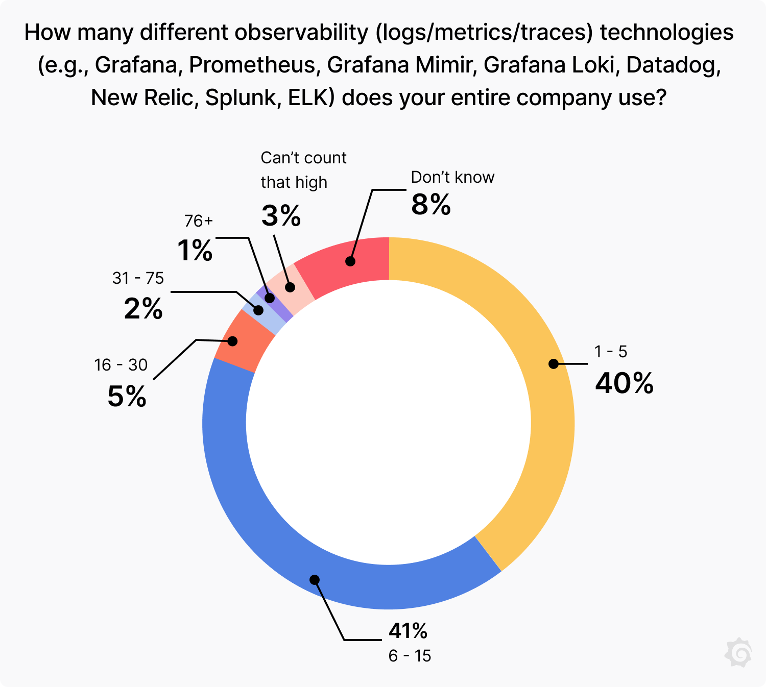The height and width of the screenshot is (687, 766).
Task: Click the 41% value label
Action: coord(408,631)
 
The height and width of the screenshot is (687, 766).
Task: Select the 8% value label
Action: coord(431,205)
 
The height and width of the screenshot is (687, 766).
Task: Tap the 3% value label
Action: coord(281,215)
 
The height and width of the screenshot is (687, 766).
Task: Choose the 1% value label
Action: coord(195,251)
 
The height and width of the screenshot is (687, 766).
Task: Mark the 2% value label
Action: coord(143,309)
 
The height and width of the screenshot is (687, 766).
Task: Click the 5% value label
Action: coord(127,396)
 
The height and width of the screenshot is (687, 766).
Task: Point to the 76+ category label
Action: coord(198,221)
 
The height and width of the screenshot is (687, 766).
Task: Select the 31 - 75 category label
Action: coord(138,278)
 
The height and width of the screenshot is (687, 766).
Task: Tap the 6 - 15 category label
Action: coord(410,656)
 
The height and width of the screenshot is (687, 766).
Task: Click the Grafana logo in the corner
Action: coord(738,652)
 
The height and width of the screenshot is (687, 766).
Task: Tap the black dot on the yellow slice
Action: coord(553,364)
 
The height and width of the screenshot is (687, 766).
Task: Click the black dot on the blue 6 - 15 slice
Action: coord(315,579)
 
